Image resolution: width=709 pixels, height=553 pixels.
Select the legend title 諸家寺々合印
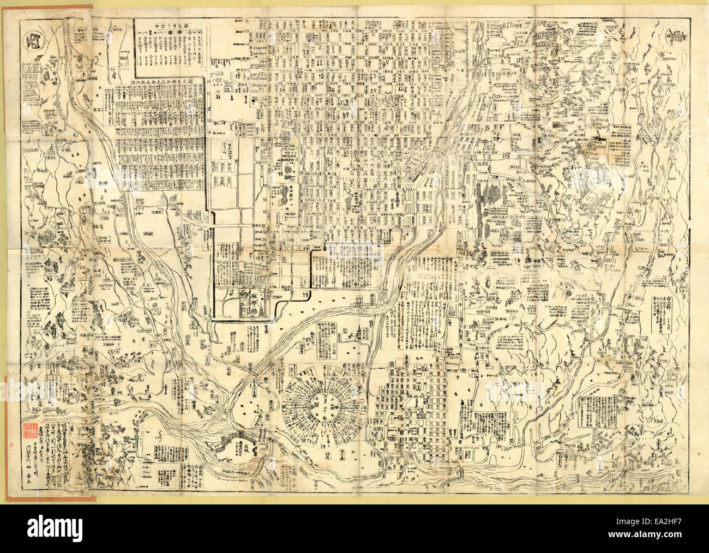tap(170, 25)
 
